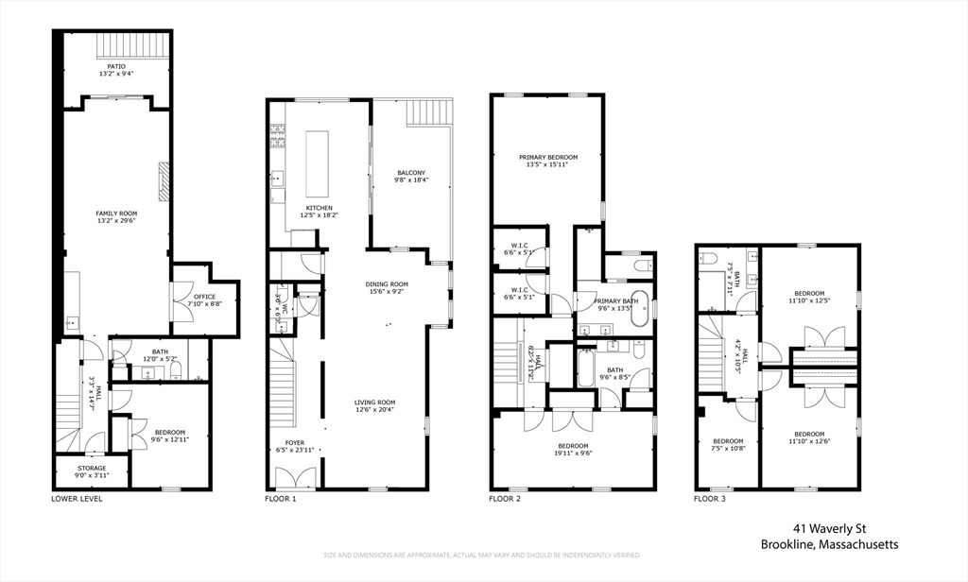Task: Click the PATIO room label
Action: pyautogui.click(x=116, y=66)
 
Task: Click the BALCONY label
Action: pyautogui.click(x=411, y=173)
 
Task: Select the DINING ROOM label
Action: pyautogui.click(x=388, y=284)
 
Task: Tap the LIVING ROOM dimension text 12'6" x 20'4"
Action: pyautogui.click(x=375, y=409)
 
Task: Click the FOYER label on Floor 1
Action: pyautogui.click(x=295, y=442)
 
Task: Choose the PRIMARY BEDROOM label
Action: pyautogui.click(x=548, y=157)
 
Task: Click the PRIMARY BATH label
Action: pyautogui.click(x=615, y=301)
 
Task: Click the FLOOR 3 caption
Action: pyautogui.click(x=709, y=499)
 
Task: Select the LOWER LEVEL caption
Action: pyautogui.click(x=77, y=499)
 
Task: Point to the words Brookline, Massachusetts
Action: pyautogui.click(x=830, y=544)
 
